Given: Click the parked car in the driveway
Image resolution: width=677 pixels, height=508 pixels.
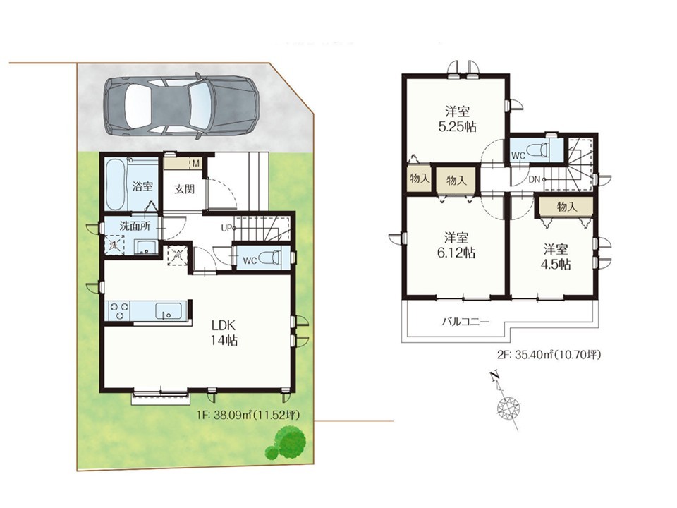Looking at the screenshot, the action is click(181, 107).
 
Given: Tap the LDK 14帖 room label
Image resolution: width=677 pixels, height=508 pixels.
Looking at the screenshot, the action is click(224, 332).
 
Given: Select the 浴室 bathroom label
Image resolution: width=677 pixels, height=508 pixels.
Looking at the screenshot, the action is click(142, 186).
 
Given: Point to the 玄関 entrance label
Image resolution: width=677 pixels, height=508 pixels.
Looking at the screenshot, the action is click(184, 189).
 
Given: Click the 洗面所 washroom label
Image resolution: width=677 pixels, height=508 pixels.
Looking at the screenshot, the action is click(135, 226).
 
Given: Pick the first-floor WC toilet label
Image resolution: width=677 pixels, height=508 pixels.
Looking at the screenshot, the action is click(250, 260).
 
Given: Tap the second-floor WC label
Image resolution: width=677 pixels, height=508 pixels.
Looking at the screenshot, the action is click(518, 155).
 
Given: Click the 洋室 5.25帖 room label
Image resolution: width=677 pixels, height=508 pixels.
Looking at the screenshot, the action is click(457, 119).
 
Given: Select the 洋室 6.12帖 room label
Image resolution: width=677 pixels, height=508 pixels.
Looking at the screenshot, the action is click(456, 245).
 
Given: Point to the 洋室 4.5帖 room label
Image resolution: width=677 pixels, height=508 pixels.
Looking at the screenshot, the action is click(556, 257).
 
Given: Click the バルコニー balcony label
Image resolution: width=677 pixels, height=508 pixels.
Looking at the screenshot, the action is click(465, 322).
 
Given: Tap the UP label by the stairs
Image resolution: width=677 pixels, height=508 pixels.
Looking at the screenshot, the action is click(226, 228).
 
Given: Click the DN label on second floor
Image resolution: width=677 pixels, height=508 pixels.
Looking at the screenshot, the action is click(534, 179).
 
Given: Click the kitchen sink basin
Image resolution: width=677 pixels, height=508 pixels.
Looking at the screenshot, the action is click(168, 310).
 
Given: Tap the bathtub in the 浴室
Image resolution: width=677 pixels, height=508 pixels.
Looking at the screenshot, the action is click(114, 184).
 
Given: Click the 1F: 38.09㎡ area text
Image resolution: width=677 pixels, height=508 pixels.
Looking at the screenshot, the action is click(248, 415).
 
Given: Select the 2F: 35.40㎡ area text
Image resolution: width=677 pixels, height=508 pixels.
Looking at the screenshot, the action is click(549, 355).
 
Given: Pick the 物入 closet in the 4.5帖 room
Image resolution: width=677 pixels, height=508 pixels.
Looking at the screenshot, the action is click(566, 207).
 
